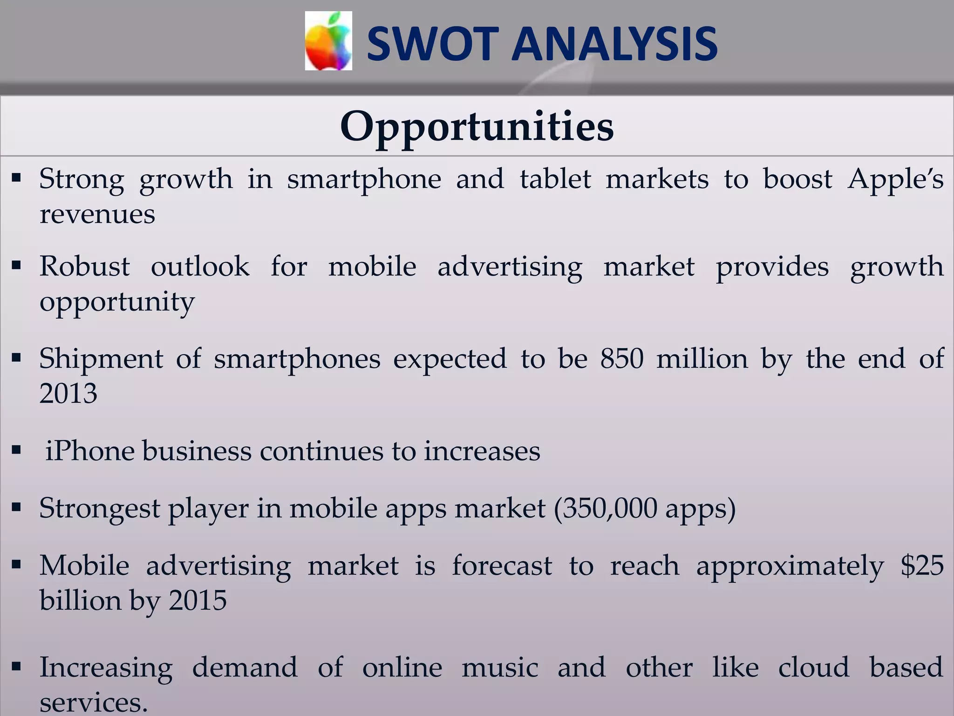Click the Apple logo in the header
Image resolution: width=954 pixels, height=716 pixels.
point(328,41)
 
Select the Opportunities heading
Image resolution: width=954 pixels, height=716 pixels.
point(477,127)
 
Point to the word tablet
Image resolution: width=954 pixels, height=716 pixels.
point(555,179)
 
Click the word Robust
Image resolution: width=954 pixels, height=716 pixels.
point(84,267)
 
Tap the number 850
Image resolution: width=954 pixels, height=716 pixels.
point(621,359)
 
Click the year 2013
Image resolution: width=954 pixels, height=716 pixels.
point(68,393)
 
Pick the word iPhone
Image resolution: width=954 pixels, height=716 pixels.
point(90,451)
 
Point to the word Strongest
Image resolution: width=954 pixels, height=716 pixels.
point(99,509)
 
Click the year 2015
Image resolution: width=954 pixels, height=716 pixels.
point(198,600)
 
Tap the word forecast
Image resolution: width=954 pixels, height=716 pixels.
point(502,566)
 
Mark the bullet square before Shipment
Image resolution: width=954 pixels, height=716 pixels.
point(17,358)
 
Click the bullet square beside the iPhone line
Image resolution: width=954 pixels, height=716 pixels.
point(17,451)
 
